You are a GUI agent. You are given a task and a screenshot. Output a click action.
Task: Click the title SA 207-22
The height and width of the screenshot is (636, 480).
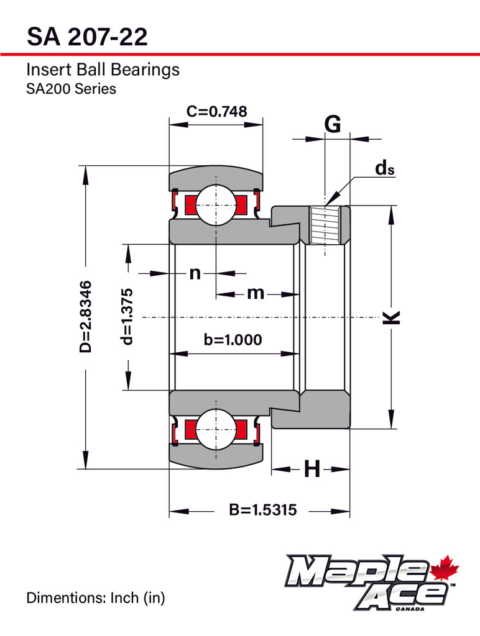click(x=87, y=37)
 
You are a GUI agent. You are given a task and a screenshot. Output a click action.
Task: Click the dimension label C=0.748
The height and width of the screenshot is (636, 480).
click(x=216, y=112)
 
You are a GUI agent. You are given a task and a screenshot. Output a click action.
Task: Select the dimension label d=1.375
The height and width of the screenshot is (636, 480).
click(x=128, y=317)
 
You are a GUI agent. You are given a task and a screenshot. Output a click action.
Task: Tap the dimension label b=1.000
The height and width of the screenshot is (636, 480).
click(x=233, y=340)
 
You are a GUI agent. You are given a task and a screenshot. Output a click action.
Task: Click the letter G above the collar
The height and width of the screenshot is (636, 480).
click(x=333, y=125)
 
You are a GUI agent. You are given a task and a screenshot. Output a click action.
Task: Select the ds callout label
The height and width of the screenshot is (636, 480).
click(x=384, y=168)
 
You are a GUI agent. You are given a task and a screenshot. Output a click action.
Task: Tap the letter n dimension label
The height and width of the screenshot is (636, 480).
click(x=195, y=273)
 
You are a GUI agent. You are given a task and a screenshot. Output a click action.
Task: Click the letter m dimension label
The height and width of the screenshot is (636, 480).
click(x=256, y=293)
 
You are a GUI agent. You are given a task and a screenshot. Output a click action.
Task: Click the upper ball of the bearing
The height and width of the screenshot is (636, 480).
click(x=216, y=202)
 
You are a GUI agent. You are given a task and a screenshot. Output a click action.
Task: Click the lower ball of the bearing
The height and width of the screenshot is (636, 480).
click(x=216, y=429)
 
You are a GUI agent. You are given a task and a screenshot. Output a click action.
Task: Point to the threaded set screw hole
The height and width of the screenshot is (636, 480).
click(x=325, y=225)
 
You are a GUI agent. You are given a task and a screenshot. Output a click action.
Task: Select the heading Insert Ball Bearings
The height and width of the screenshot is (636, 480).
click(x=103, y=70)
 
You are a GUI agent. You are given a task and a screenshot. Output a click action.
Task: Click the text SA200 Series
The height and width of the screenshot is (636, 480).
click(x=71, y=89)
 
